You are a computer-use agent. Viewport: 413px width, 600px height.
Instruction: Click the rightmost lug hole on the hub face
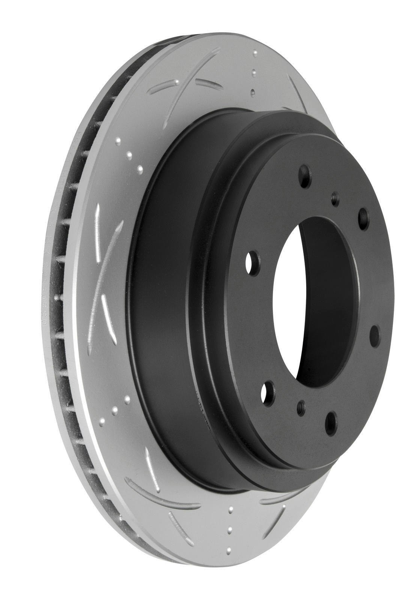click(375, 333)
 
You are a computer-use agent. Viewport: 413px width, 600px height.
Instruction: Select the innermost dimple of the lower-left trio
click(127, 399)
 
